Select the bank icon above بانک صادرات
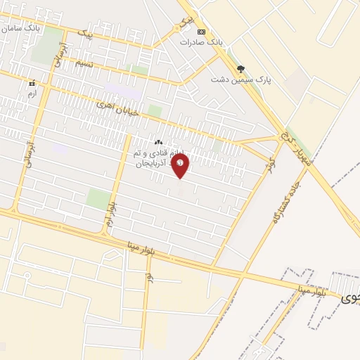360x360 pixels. (202, 32)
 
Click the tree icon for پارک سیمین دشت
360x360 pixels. (242, 69)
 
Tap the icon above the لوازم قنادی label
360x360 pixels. (158, 143)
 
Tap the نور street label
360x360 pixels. (150, 278)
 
